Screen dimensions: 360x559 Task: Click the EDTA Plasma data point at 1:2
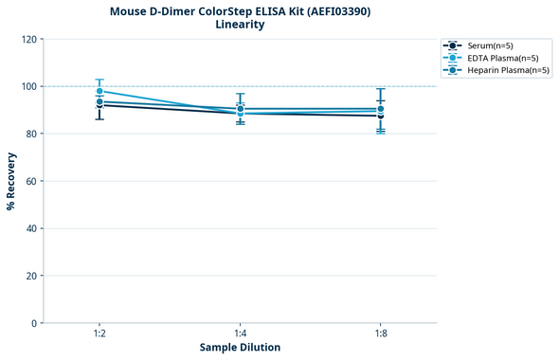pyautogui.click(x=99, y=92)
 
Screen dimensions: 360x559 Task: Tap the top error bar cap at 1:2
pyautogui.click(x=99, y=80)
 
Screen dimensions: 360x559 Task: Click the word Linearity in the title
pyautogui.click(x=240, y=25)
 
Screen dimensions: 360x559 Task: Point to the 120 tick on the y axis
pyautogui.click(x=28, y=39)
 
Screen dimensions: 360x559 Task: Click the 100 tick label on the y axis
pyautogui.click(x=28, y=86)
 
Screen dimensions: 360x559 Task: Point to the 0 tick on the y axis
pyautogui.click(x=34, y=323)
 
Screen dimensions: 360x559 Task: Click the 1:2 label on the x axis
pyautogui.click(x=99, y=333)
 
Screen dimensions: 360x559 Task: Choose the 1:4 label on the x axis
pyautogui.click(x=240, y=333)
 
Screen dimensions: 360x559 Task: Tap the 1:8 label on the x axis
pyautogui.click(x=380, y=333)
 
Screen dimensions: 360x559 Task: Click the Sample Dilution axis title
pyautogui.click(x=240, y=348)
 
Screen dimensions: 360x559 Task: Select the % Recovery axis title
pyautogui.click(x=11, y=181)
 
